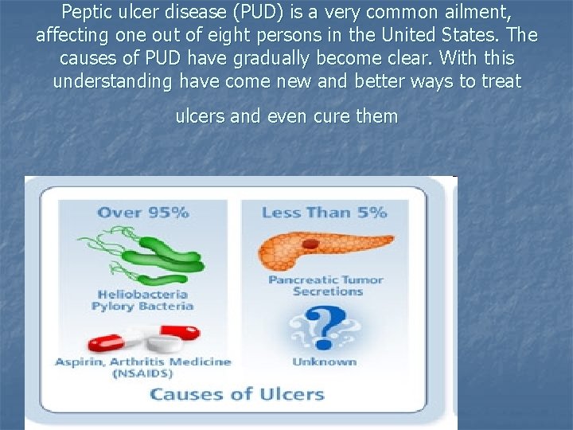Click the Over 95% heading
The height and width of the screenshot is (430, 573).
143,212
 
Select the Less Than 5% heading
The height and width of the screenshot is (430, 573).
324,212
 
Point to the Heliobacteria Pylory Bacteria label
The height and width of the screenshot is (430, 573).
143,300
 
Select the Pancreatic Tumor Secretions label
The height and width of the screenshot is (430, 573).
326,285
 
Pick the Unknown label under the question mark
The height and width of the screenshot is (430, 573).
324,362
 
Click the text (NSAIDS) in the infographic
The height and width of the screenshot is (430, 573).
143,373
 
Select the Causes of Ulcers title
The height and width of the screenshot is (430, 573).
237,394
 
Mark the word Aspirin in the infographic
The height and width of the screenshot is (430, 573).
76,362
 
